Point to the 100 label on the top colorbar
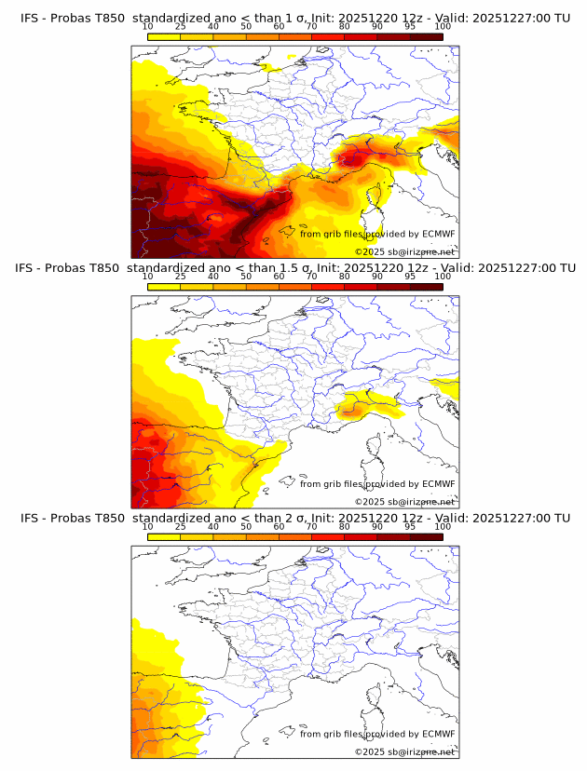443,26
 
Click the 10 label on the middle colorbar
147,276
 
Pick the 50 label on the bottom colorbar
246,526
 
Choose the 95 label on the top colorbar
410,26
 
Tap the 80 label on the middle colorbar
345,276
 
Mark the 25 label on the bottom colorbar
180,526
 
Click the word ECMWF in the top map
438,234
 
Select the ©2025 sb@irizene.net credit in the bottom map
404,751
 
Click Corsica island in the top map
378,196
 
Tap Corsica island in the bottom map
378,697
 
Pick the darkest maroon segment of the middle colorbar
426,286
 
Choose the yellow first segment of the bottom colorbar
163,536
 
